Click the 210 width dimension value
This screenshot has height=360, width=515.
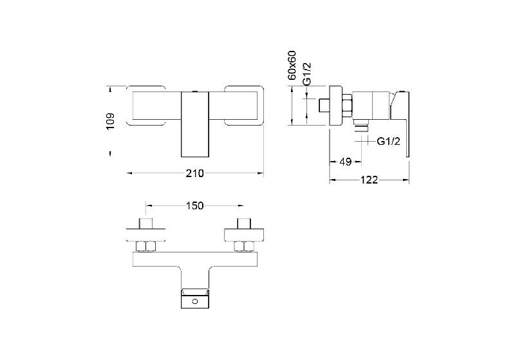[x=195, y=173]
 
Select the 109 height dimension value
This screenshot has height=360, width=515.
[x=110, y=121]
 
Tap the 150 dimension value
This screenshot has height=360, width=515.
[x=195, y=205]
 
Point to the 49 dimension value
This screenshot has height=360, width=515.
[x=345, y=162]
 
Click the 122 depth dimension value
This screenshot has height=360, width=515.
[x=369, y=180]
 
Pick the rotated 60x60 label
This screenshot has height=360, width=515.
[x=292, y=65]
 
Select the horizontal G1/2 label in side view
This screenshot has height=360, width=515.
[x=389, y=141]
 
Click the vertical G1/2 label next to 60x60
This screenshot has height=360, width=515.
[x=306, y=75]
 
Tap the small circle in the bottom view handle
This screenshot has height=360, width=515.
[x=195, y=301]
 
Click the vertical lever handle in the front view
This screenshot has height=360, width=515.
[x=195, y=124]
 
